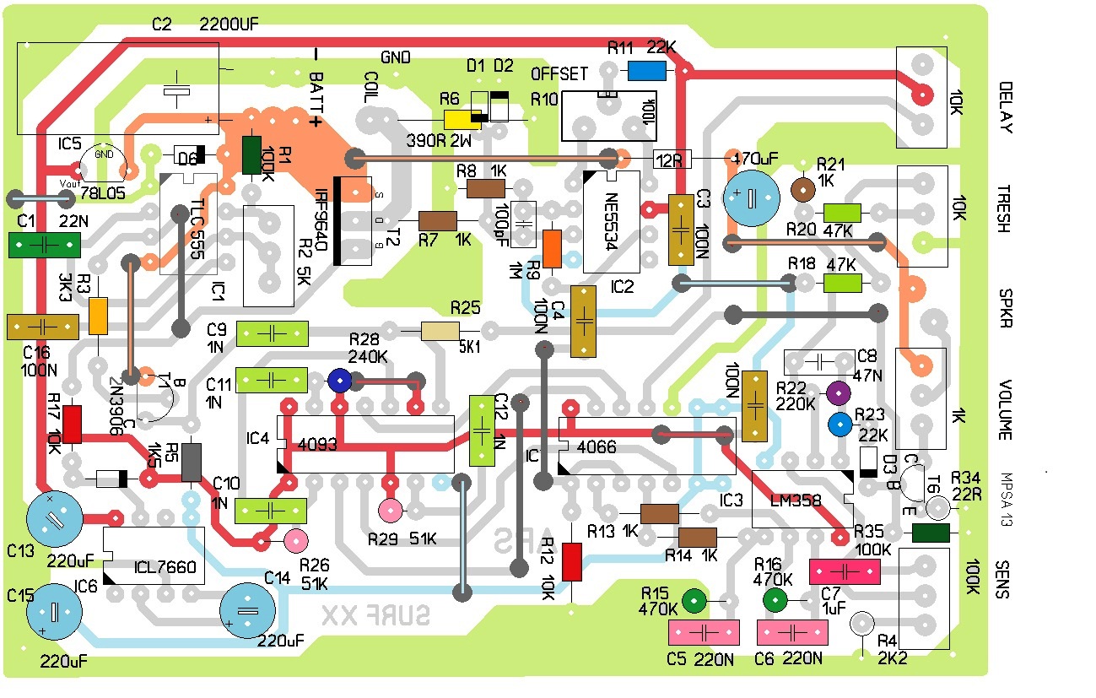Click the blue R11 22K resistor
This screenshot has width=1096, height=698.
[647, 71]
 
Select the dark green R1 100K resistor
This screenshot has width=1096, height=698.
[251, 155]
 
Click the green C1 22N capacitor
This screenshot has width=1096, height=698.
[44, 245]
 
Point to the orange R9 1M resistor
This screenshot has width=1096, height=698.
[552, 248]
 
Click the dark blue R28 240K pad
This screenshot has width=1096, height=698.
[339, 381]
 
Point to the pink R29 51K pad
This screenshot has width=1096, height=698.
[390, 510]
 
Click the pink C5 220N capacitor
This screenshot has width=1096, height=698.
[704, 632]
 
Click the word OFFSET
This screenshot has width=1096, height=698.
[559, 74]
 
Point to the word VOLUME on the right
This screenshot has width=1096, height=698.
[1004, 410]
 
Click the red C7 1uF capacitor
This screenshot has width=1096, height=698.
[845, 571]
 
